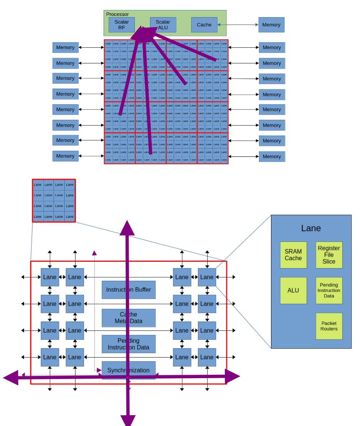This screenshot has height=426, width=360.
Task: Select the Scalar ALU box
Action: (x=163, y=25)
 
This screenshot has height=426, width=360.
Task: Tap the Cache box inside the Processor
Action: (x=204, y=25)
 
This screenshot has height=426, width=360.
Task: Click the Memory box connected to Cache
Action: (x=271, y=25)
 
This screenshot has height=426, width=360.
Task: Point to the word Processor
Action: (x=117, y=14)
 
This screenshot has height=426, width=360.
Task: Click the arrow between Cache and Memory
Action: (x=238, y=25)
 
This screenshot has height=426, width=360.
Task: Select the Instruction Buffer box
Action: (x=128, y=290)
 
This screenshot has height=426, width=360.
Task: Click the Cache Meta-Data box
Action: (x=128, y=318)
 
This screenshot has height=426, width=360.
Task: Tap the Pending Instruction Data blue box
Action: (x=128, y=344)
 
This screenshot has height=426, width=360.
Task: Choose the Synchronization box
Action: (x=128, y=370)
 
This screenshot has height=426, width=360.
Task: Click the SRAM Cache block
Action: (x=293, y=255)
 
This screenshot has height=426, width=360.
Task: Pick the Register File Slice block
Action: (x=329, y=255)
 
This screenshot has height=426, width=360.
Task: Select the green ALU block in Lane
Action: (x=293, y=290)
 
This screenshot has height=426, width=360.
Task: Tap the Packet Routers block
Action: (x=329, y=326)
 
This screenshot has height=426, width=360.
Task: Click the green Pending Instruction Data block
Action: (x=329, y=290)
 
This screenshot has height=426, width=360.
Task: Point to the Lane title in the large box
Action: (x=311, y=228)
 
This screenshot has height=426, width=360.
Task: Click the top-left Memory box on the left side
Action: (x=65, y=47)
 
